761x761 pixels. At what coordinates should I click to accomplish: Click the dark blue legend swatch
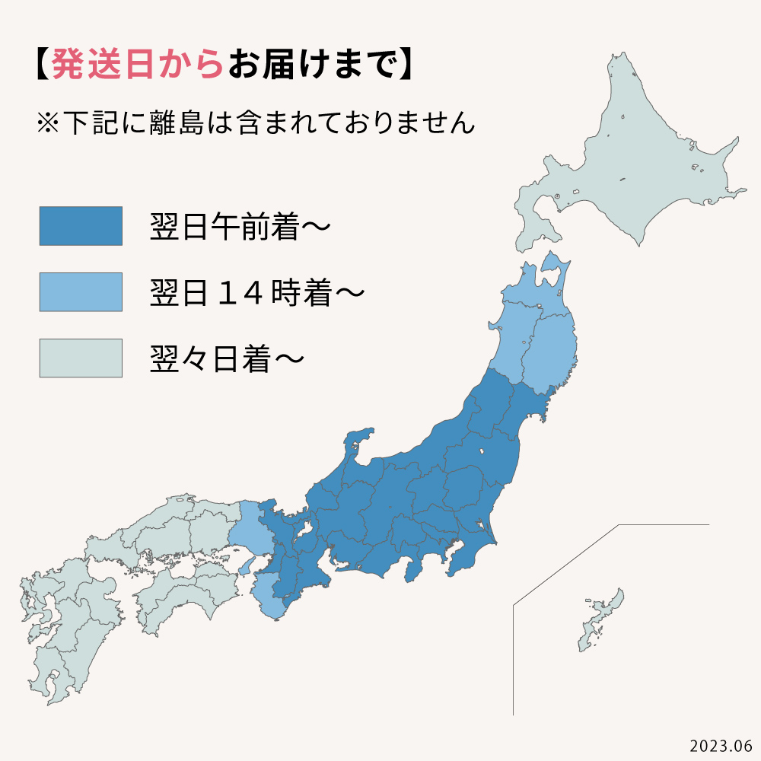tap(81, 226)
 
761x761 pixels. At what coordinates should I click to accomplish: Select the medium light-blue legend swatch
tap(81, 292)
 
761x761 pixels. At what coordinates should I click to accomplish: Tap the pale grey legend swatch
tap(81, 358)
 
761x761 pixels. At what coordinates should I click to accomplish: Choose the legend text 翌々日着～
tap(228, 358)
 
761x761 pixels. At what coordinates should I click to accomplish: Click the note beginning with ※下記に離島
tap(255, 123)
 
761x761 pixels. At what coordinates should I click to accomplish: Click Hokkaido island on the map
tap(639, 167)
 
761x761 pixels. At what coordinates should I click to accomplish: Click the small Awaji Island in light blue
tap(244, 566)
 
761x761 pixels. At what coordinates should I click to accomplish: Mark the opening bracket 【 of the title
tap(40, 66)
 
